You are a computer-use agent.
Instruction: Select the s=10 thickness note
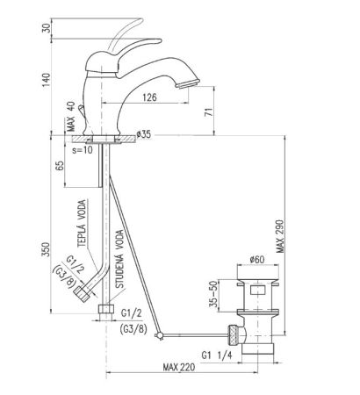(x=84, y=150)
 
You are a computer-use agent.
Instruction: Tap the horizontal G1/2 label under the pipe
(x=132, y=312)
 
